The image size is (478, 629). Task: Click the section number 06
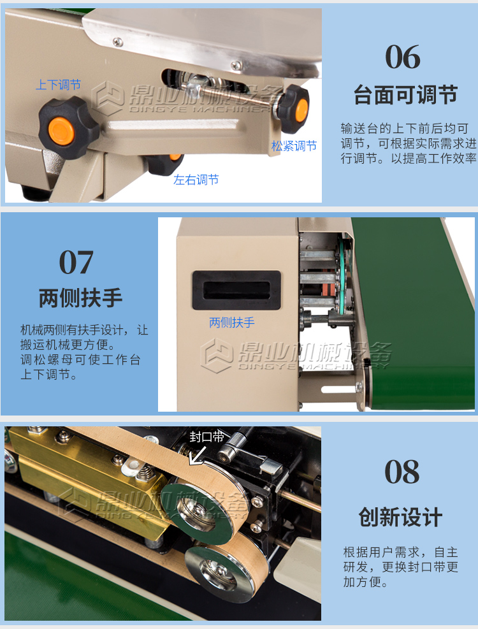tap(403, 57)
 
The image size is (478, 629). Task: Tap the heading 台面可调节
tap(405, 96)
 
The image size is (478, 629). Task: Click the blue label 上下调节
tap(58, 85)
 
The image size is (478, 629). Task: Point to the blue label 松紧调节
tap(294, 145)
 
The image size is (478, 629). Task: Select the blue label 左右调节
tap(196, 179)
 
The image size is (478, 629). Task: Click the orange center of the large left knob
tap(61, 131)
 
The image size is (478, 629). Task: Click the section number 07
tap(76, 263)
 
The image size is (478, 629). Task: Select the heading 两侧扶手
tap(81, 298)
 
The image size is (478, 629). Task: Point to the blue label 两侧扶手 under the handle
tap(231, 322)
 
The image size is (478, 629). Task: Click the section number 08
tap(402, 472)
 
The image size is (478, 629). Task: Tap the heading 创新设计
tap(400, 517)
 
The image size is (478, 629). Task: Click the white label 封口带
tap(206, 437)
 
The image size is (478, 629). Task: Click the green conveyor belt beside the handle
tap(417, 313)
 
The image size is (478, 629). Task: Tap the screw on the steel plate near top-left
tap(118, 41)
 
